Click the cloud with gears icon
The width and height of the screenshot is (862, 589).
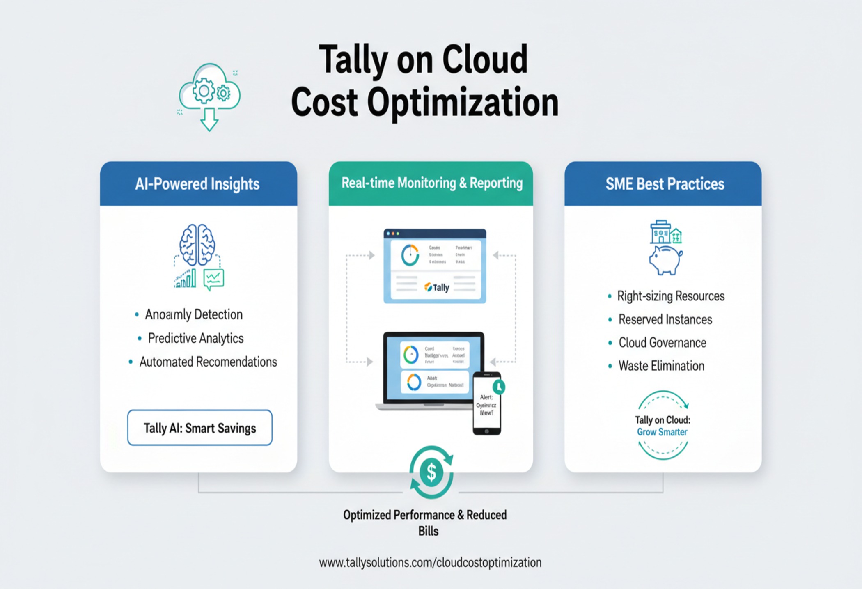209,92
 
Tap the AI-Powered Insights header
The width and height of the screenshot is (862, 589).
197,184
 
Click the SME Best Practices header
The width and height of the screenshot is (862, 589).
665,184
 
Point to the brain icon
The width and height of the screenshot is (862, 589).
197,245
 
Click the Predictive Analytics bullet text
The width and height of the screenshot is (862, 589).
196,338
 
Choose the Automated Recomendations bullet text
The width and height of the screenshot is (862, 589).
208,362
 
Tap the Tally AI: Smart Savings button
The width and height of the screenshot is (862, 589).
200,428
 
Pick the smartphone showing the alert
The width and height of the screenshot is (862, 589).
487,404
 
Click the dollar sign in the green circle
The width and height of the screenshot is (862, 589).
431,472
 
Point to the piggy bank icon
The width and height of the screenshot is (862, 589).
665,260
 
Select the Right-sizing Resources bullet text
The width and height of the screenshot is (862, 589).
671,296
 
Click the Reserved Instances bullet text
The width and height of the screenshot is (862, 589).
665,319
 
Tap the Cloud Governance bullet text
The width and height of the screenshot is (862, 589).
662,343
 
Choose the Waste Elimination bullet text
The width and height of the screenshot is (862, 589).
661,366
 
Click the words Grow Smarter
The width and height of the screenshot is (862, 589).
662,432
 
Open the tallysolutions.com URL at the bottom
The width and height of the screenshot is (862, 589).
430,562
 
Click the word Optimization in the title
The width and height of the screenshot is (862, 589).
463,103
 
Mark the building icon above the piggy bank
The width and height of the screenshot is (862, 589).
665,232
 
